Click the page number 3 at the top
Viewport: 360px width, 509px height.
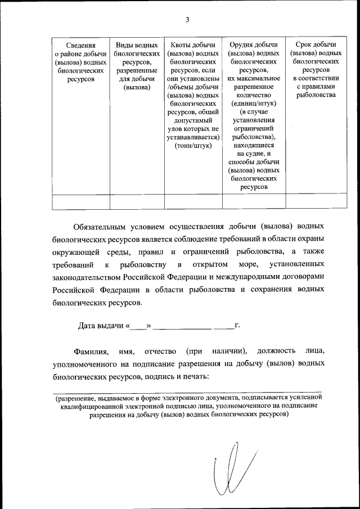tap(187, 20)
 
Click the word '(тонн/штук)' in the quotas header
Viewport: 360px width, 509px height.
tap(193, 145)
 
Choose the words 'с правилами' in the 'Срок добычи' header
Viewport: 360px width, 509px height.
tap(315, 87)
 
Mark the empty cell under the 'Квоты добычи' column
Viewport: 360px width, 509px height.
tap(193, 201)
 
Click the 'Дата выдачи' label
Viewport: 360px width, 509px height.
tap(101, 325)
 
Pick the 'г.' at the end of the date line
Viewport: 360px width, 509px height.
tap(237, 325)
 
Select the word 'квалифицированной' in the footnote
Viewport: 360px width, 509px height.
tap(94, 406)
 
